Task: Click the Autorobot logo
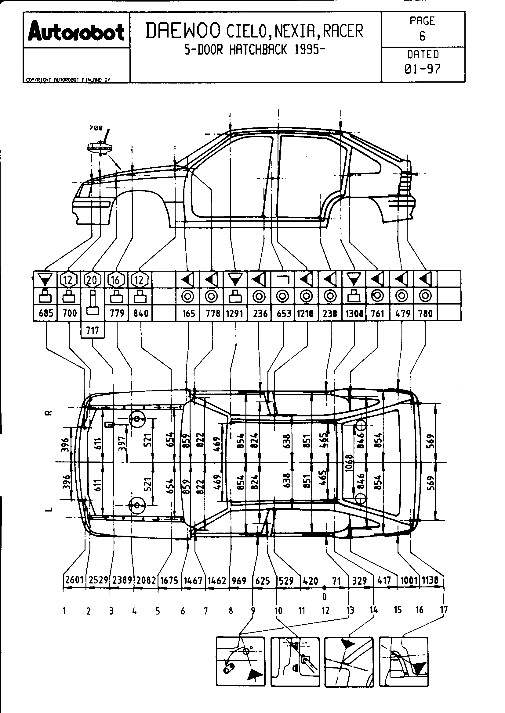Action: click(x=76, y=31)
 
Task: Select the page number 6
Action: click(x=422, y=36)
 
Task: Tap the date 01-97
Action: click(x=422, y=69)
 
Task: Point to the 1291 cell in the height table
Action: click(x=234, y=314)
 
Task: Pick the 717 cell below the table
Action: click(x=92, y=330)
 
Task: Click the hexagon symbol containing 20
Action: click(x=92, y=280)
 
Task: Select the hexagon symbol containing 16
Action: click(x=115, y=280)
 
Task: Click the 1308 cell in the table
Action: click(x=354, y=314)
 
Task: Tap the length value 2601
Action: click(x=74, y=580)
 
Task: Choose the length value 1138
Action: click(x=430, y=580)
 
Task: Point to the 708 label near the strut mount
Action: click(x=96, y=128)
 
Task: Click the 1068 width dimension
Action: click(x=349, y=463)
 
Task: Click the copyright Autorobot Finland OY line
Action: click(x=68, y=80)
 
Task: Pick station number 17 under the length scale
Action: click(x=444, y=609)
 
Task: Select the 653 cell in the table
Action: click(x=283, y=314)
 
